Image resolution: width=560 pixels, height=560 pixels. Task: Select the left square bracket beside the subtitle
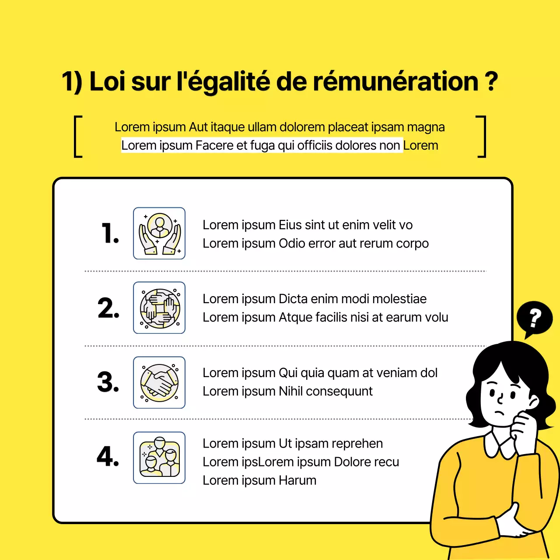78,136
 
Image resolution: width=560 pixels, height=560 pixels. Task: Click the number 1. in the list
110,233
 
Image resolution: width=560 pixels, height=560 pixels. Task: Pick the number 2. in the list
108,308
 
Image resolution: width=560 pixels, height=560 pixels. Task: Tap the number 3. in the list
108,382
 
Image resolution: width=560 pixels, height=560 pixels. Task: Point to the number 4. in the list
108,456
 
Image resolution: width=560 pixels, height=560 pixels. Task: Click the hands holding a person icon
159,233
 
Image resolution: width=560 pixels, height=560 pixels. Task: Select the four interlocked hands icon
159,308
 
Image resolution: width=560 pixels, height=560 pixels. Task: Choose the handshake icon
159,382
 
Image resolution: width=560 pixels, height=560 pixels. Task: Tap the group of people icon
159,458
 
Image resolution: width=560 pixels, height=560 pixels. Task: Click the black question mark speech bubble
534,318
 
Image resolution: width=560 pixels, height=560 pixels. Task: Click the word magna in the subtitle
426,127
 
